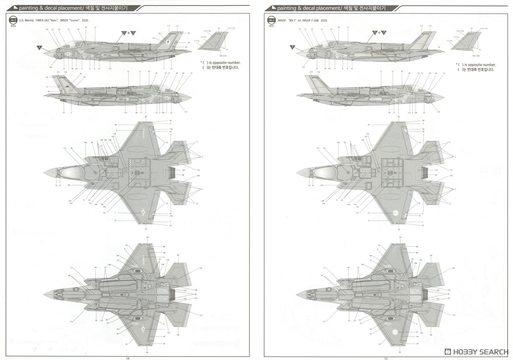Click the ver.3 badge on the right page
coord(271,20)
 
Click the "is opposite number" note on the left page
coord(220,62)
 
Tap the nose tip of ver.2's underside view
coord(44,294)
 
